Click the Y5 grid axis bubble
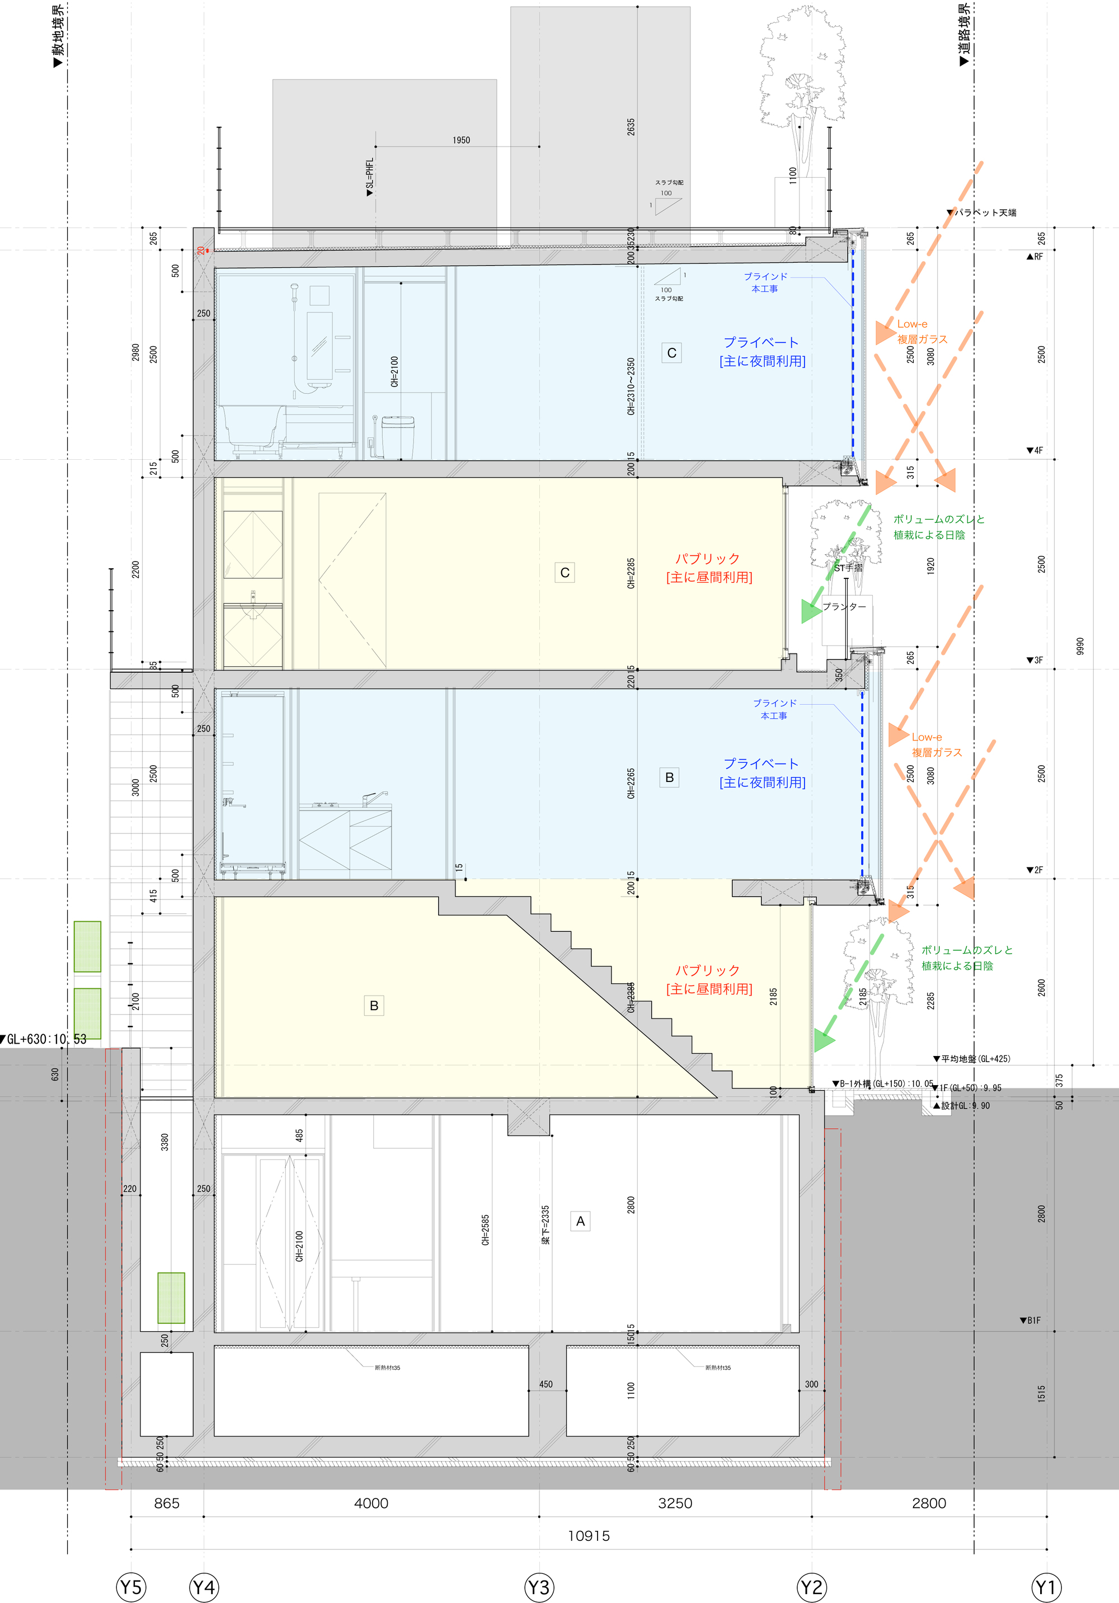(130, 1587)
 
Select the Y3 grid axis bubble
(539, 1587)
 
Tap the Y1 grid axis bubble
(1046, 1587)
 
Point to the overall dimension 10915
(588, 1536)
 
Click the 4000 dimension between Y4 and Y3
(371, 1503)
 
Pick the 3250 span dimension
(675, 1503)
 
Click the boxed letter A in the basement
(580, 1221)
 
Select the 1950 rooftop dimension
(461, 140)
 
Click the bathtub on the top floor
(251, 426)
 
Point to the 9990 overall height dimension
(1080, 646)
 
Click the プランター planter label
(844, 607)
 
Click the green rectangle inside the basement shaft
(171, 1297)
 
